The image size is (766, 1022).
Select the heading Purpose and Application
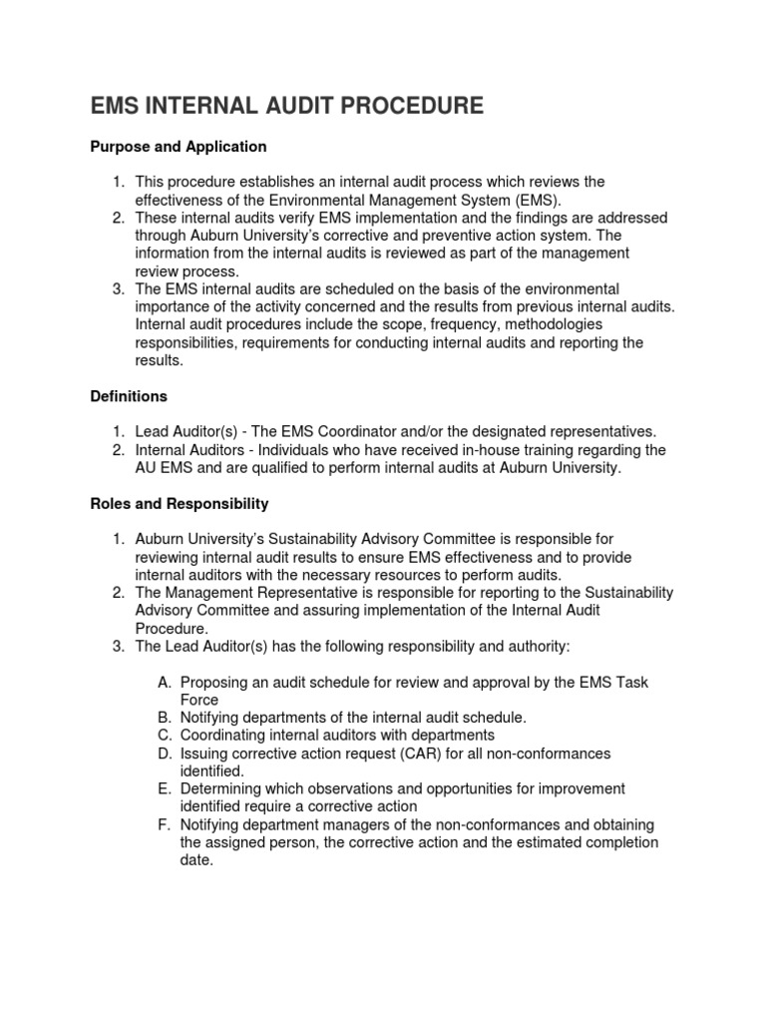click(x=179, y=147)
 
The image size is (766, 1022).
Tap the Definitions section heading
click(x=129, y=396)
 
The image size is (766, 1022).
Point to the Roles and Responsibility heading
click(x=180, y=504)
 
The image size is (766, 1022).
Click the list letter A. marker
click(x=166, y=682)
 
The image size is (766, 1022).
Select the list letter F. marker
click(x=166, y=824)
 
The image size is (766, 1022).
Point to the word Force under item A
click(x=199, y=700)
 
